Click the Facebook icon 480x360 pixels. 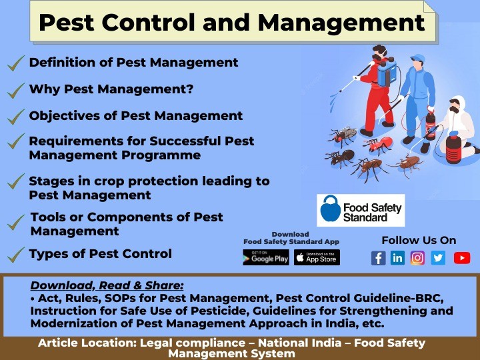click(x=378, y=258)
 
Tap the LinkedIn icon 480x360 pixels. click(x=398, y=258)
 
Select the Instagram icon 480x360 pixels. click(x=418, y=258)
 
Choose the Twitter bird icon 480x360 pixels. click(x=438, y=258)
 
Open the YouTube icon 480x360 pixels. click(x=461, y=258)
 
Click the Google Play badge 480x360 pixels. click(x=266, y=258)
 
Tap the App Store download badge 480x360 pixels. click(x=317, y=258)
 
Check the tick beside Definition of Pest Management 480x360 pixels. click(x=15, y=64)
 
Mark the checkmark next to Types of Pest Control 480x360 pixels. click(x=15, y=255)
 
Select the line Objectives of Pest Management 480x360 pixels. click(x=135, y=115)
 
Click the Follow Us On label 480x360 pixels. click(x=419, y=240)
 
